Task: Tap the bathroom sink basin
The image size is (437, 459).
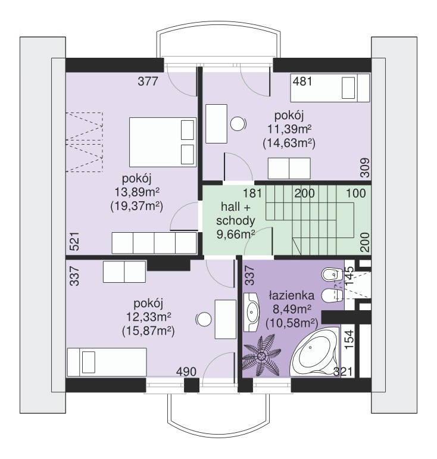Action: coord(251,312)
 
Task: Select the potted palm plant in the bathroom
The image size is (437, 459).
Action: coord(261,356)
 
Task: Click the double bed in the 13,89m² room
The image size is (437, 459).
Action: coord(163,142)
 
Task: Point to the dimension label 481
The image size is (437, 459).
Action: coord(302,81)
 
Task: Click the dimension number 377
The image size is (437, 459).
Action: coord(148,81)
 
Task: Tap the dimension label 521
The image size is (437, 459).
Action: coord(74,242)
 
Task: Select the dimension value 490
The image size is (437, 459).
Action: coord(186,371)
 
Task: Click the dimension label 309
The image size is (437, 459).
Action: coord(365,168)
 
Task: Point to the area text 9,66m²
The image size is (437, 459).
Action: coord(236,234)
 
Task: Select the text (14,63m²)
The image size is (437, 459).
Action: coord(289,143)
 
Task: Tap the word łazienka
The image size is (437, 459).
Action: coord(292,295)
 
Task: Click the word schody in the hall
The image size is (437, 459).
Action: coord(236,220)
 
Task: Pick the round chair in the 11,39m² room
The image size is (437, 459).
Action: coord(238,124)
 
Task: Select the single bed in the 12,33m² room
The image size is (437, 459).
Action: coord(107,362)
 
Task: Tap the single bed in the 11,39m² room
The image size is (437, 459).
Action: coord(330,88)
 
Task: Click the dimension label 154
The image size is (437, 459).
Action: coord(349,339)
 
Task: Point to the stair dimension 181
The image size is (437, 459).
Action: coord(252,193)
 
